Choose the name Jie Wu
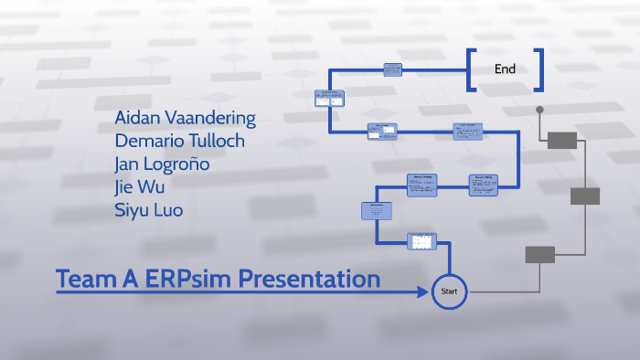point(140,187)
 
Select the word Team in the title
point(83,279)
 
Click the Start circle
point(449,291)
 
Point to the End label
point(505,69)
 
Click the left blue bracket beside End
point(471,70)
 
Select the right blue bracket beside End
point(539,70)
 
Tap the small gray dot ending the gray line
point(539,110)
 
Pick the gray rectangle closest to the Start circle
point(539,255)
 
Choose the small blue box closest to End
point(393,69)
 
